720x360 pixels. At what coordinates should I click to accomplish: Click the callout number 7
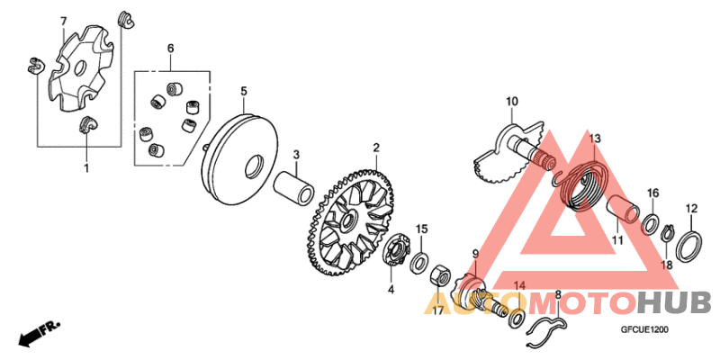[63, 20]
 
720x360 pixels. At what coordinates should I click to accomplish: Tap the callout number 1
[87, 168]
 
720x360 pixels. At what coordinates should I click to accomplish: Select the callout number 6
[170, 47]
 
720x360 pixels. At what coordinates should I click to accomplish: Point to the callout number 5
[242, 91]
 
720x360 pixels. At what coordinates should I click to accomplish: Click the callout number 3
[295, 154]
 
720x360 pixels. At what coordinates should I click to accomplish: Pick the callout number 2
[377, 148]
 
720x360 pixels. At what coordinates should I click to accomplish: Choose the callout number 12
[691, 209]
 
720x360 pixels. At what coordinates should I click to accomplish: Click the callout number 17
[438, 312]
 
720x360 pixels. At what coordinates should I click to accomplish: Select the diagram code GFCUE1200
[644, 330]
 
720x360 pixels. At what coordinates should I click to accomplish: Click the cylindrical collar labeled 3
[296, 186]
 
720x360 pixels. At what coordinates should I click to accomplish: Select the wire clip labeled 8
[544, 326]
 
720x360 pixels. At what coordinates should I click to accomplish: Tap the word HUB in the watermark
[674, 302]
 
